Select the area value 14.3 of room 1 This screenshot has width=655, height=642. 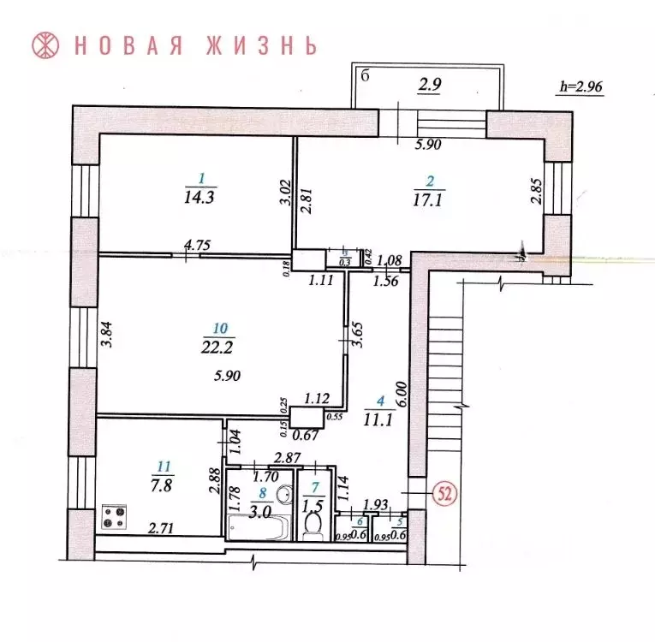(200, 196)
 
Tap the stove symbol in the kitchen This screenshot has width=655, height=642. (114, 518)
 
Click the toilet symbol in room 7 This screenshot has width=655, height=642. (313, 526)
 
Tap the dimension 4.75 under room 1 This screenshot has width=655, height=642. (198, 246)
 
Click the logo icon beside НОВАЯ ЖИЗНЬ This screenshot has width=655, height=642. (45, 45)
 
